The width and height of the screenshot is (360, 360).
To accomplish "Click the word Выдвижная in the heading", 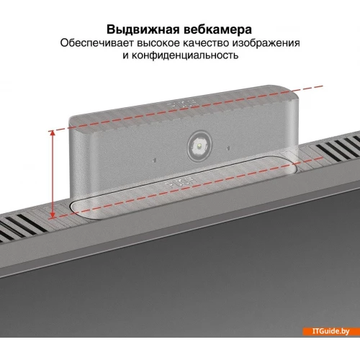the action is coord(143,30).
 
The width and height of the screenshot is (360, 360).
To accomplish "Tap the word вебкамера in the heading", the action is coord(218,30).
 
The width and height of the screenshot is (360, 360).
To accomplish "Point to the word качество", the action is coord(206,43).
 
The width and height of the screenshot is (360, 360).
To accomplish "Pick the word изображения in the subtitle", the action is coord(266,43).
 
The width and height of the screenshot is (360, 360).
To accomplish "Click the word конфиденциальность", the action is coord(185,55).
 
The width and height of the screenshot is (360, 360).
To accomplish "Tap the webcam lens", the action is coord(199,146).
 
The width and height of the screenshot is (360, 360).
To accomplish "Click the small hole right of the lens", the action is coord(228,148).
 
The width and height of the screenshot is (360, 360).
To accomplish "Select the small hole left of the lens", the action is coord(155,160).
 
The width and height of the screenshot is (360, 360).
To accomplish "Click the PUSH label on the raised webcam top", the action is coord(183,104).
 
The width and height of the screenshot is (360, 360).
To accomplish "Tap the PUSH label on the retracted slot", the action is coord(181,183).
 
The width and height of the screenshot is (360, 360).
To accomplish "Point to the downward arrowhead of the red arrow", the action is coord(53,215).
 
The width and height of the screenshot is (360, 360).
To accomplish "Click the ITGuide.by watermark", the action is coord(330,331).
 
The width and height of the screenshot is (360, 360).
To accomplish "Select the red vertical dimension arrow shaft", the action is coord(53,174).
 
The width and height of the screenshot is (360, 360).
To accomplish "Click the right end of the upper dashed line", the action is coord(323,86).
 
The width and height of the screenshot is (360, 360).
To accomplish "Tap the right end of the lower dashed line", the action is coord(323,158).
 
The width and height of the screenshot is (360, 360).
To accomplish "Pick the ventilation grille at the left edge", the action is coord(22,225).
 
